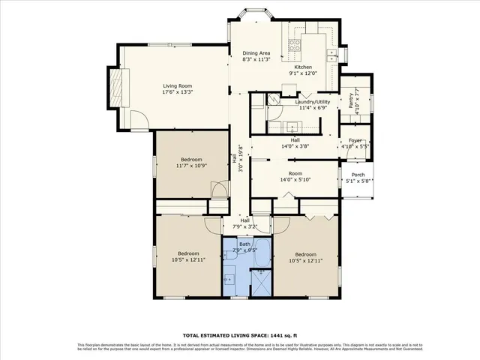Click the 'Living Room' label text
(178, 85)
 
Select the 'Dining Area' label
(256, 53)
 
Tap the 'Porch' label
(358, 174)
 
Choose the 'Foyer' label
(355, 140)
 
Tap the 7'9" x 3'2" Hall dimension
(244, 226)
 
